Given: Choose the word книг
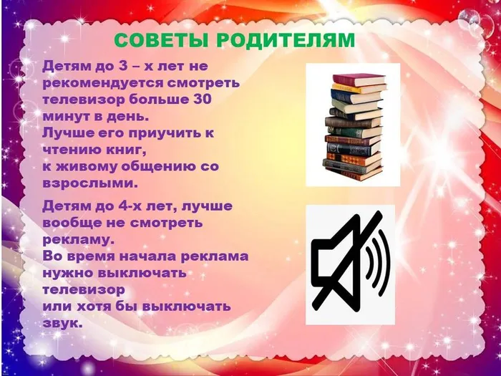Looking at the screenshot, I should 124,150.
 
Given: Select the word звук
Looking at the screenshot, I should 63,323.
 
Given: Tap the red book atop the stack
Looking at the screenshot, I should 358,79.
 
